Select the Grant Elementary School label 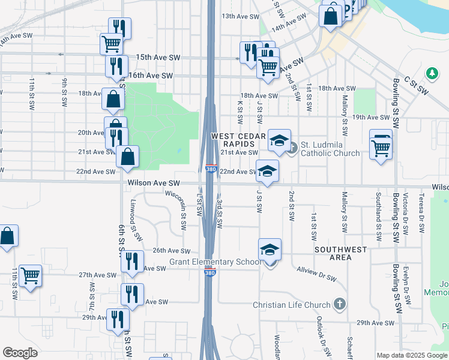[215, 262]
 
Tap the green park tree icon [431, 73]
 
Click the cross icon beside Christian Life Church [340, 304]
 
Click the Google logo [20, 353]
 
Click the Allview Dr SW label [317, 273]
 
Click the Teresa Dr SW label [423, 213]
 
